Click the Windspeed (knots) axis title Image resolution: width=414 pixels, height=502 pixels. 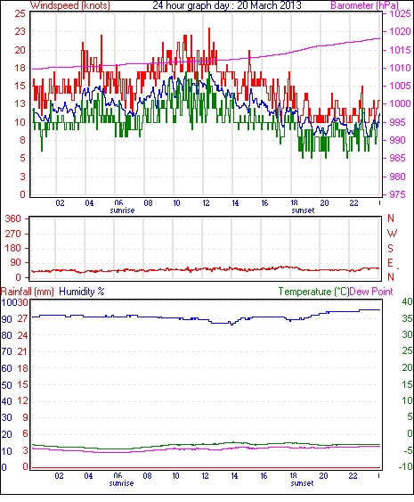coord(70,5)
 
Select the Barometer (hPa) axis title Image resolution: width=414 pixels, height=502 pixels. coord(364,5)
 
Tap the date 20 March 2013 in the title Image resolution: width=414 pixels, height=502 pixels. coord(269,5)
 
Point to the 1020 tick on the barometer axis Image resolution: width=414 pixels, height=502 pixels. coord(400,31)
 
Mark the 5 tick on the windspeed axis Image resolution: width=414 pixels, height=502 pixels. coord(22,158)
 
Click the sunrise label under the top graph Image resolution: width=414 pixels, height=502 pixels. coord(122,210)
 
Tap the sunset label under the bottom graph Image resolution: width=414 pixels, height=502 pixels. coord(302,483)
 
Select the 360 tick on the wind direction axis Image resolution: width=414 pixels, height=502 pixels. coord(13,219)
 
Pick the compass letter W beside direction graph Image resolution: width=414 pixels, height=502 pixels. coord(392,234)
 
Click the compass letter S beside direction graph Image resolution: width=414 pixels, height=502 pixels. coord(390,248)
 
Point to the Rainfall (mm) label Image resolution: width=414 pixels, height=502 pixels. coord(28,292)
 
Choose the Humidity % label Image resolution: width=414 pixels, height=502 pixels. coord(82,292)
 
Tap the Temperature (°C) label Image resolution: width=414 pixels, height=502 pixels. coord(313,292)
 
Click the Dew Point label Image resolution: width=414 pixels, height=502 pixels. coord(371,292)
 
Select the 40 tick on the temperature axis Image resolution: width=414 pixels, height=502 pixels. coord(408,301)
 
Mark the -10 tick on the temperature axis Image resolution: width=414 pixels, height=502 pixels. coord(406,467)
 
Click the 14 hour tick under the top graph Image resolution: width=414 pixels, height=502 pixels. coord(235,203)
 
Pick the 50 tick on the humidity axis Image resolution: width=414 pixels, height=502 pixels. coord(7,385)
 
